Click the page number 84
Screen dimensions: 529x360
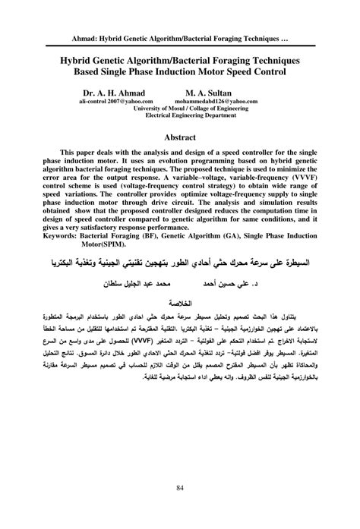[179, 486]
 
